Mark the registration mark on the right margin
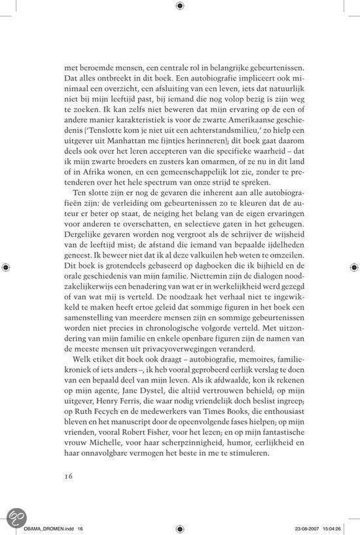coord(355,267)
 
